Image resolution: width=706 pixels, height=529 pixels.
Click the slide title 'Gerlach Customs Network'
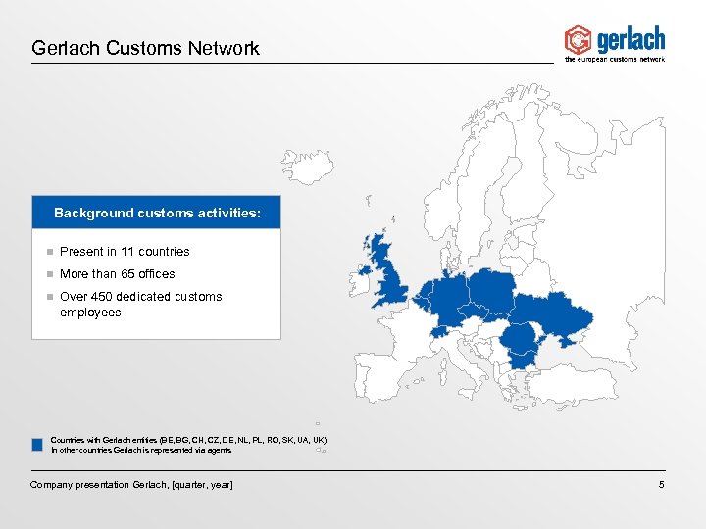[145, 47]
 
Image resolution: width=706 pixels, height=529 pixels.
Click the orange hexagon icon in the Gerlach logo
[578, 39]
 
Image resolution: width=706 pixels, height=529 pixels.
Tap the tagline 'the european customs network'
[615, 59]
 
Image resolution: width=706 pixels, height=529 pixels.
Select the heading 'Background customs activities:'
[157, 213]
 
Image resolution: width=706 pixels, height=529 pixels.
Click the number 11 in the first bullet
[127, 252]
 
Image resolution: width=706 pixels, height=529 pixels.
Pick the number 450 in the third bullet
[105, 297]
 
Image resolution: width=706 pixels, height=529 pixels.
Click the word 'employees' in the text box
[90, 313]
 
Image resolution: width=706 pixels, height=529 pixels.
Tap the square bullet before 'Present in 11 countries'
[45, 252]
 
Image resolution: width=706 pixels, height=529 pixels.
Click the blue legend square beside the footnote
[36, 445]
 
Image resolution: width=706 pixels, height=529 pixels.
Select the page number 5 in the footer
[662, 485]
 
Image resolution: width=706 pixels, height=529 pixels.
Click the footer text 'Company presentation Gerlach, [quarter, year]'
[131, 485]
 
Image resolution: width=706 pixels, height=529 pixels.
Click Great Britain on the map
[386, 269]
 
